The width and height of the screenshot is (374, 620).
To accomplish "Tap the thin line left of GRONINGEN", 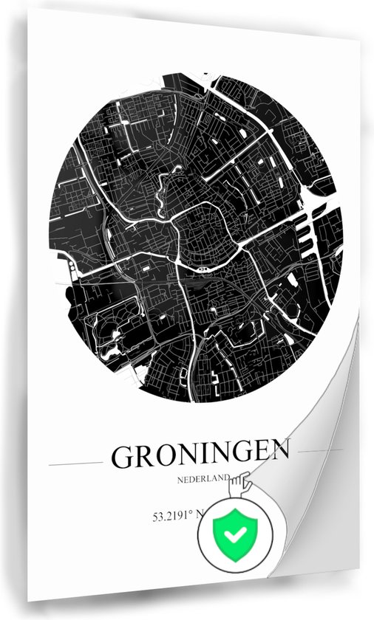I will [x=75, y=464].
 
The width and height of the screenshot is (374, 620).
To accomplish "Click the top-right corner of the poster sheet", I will [x=359, y=40].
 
